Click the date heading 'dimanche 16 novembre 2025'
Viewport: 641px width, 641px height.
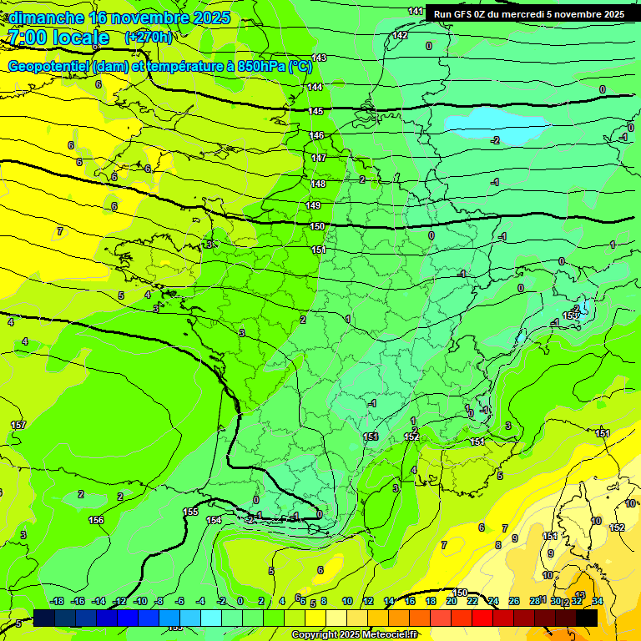[119, 18]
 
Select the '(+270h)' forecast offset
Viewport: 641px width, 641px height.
[149, 38]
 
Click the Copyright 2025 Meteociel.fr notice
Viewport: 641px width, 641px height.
[354, 634]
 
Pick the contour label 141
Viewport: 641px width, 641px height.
[416, 11]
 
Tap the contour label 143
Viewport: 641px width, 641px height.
[319, 58]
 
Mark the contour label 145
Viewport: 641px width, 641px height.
[315, 111]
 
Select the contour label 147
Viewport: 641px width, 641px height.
[319, 158]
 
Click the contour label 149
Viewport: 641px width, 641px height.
[313, 205]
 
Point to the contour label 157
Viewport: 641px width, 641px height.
[18, 426]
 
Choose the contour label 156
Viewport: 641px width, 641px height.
[96, 520]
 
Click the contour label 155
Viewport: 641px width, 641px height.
[190, 512]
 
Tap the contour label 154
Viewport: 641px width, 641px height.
[215, 520]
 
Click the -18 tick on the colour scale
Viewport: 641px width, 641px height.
[57, 601]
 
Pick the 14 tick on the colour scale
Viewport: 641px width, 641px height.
[389, 601]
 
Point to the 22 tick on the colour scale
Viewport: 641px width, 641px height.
[472, 601]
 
